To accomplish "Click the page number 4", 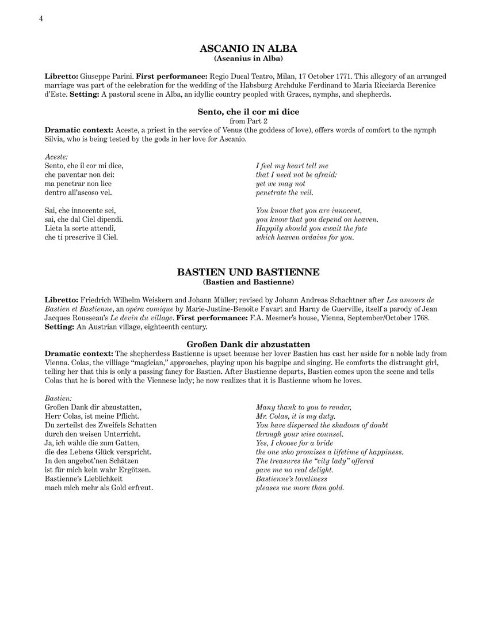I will (x=41, y=18).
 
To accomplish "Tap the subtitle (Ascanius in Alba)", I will (x=248, y=59).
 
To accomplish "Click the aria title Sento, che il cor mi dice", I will (x=248, y=112).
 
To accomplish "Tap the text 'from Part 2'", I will (x=248, y=121).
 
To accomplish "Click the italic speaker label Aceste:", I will (x=56, y=157).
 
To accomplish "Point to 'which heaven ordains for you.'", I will (x=305, y=237).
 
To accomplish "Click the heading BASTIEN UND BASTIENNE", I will (x=248, y=272).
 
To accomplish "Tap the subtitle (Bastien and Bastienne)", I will (x=248, y=282).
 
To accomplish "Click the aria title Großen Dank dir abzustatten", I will (x=248, y=344).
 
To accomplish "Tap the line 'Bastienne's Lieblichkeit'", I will (x=83, y=479).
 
